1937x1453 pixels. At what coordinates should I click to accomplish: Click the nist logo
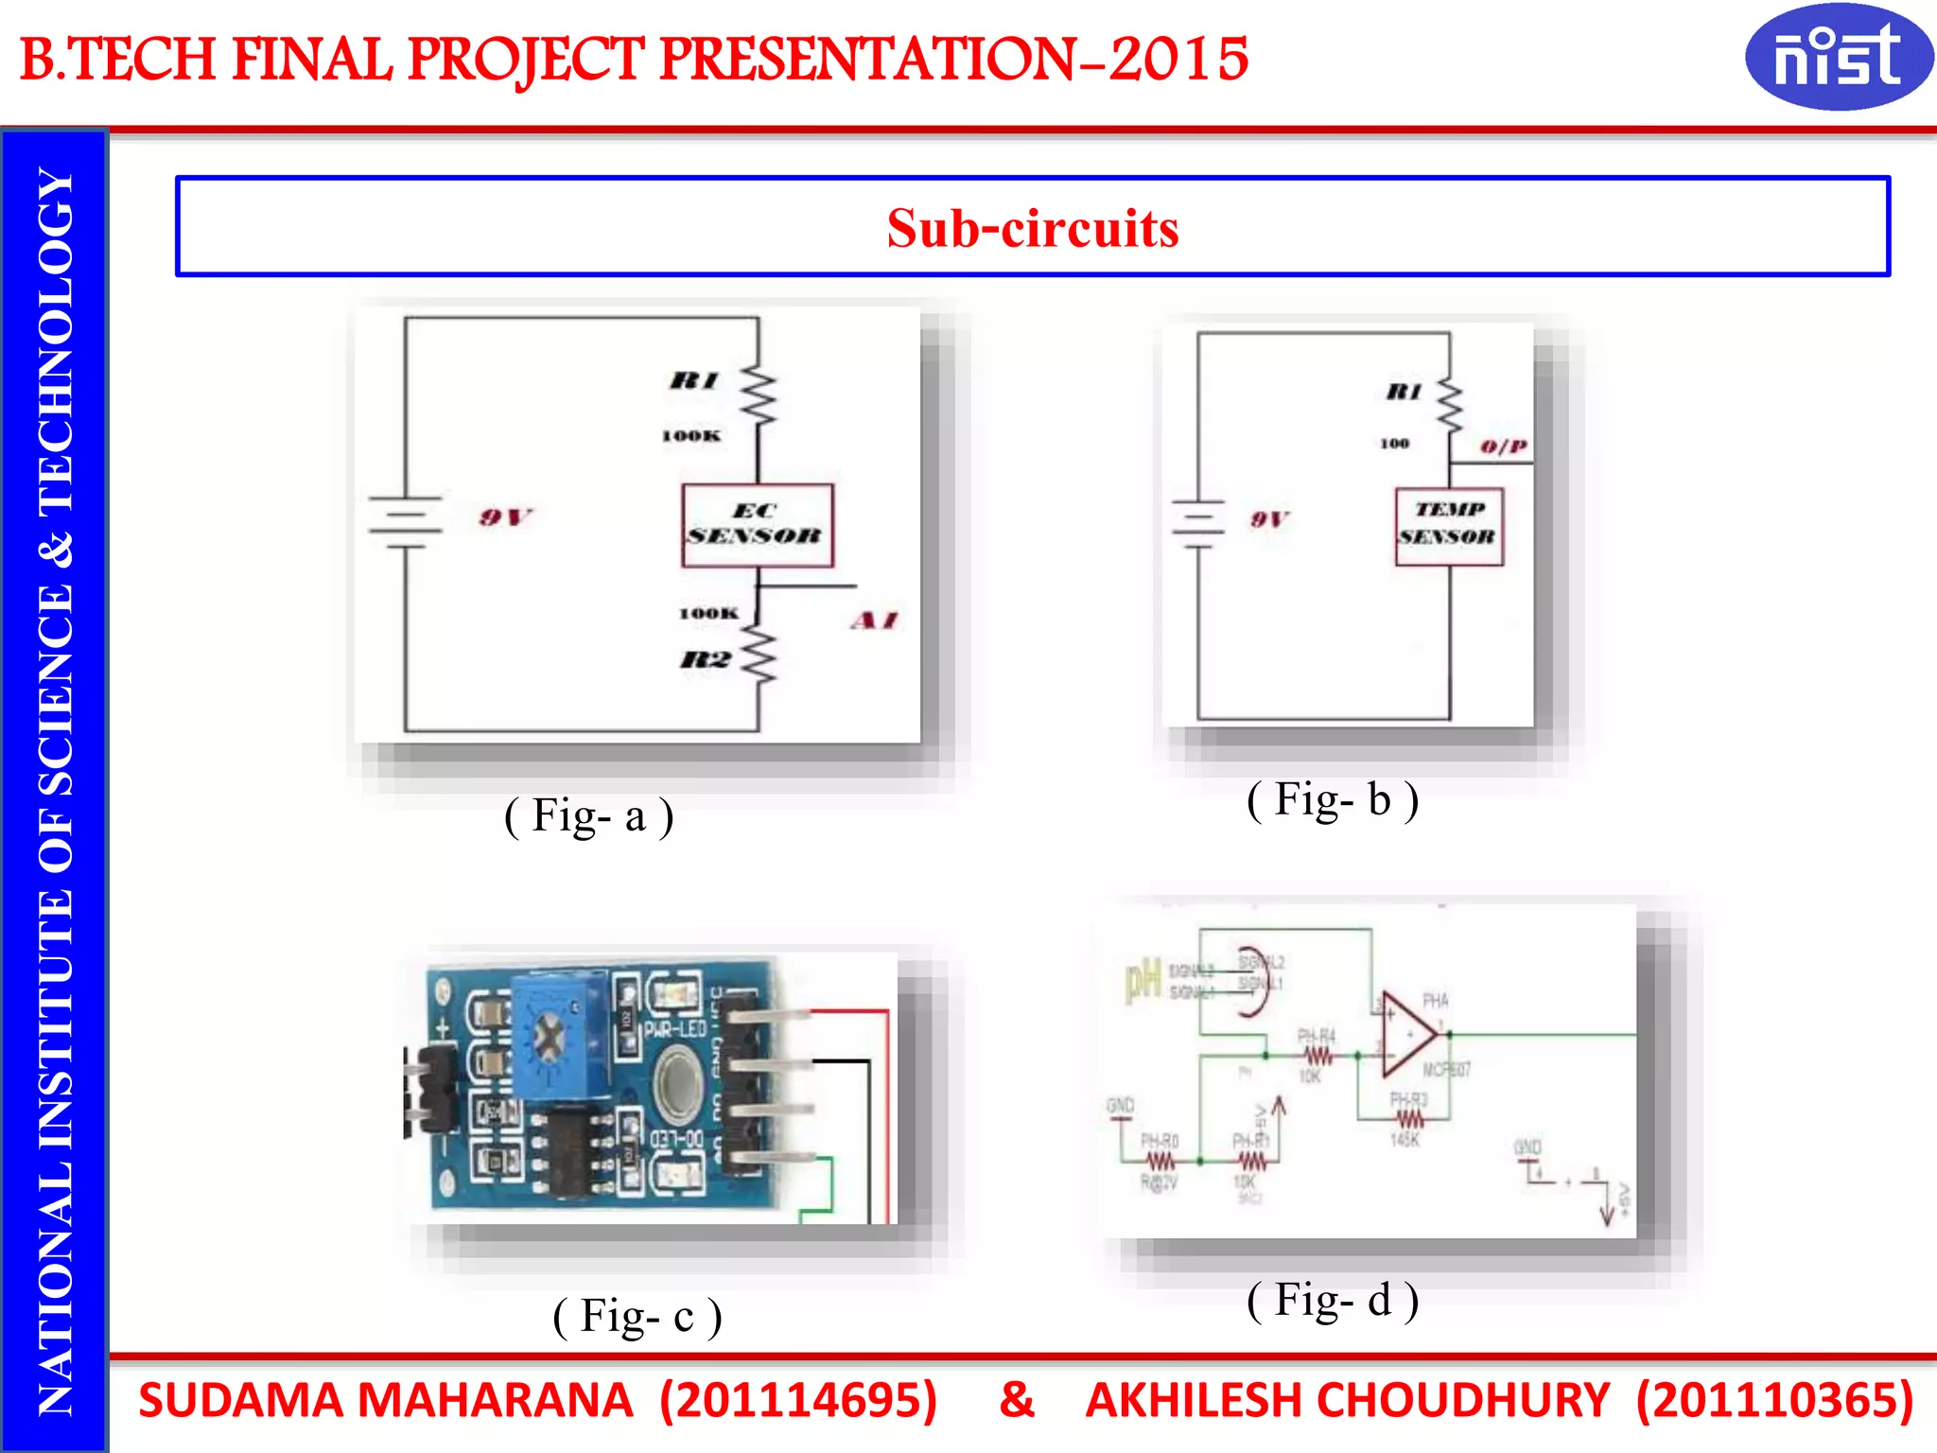tap(1838, 57)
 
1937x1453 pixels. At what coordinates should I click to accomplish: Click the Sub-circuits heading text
tap(1032, 228)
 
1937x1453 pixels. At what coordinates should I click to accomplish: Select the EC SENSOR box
tap(757, 525)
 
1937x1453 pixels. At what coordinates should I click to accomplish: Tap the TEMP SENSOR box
tap(1448, 526)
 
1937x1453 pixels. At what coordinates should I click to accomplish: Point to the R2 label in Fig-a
tap(705, 659)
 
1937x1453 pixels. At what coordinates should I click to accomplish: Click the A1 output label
tap(874, 621)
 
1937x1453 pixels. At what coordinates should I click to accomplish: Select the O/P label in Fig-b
tap(1504, 446)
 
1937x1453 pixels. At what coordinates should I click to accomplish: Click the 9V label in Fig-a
tap(505, 516)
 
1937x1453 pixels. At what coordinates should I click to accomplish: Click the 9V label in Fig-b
tap(1268, 518)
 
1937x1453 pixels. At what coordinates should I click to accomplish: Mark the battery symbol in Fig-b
tap(1197, 524)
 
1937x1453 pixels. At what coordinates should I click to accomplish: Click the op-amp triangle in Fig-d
tap(1407, 1034)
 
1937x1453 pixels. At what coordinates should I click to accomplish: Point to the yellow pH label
tap(1143, 981)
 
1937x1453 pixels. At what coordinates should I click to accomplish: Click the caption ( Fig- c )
tap(637, 1316)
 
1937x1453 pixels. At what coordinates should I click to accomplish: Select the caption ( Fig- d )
tap(1333, 1300)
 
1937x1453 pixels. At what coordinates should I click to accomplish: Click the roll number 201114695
tap(797, 1400)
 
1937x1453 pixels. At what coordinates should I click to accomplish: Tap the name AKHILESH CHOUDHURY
tap(1347, 1400)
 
